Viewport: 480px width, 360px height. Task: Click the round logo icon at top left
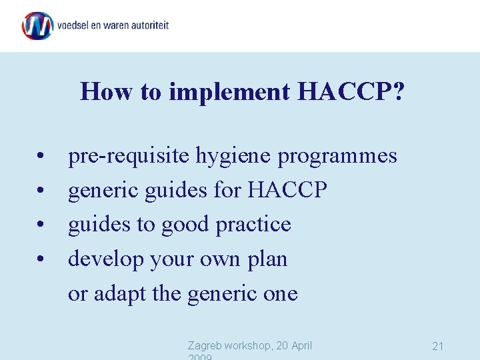tap(37, 26)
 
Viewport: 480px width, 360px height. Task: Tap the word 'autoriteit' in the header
tap(147, 26)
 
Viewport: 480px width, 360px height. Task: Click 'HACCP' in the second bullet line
tap(287, 191)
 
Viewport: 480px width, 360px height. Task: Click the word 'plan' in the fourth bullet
tap(267, 260)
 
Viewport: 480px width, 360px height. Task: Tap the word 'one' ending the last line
tap(280, 295)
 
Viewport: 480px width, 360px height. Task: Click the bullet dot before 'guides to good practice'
tap(41, 225)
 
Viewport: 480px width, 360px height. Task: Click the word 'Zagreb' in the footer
tap(206, 345)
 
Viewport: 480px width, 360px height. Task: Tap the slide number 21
tap(438, 346)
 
